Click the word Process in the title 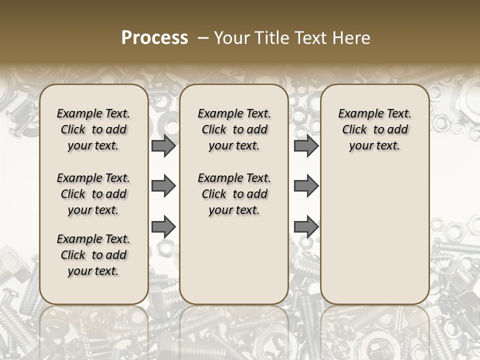point(154,38)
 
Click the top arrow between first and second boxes point(163,146)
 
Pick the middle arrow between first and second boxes point(163,186)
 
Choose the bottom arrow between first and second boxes point(163,227)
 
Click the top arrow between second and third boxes point(306,146)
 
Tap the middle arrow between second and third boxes point(306,186)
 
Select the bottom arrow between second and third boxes point(306,227)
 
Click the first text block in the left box point(93,129)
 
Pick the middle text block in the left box point(93,194)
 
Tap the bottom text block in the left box point(93,255)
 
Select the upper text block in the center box point(234,129)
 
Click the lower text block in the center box point(234,194)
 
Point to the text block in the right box point(375,129)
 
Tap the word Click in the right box point(354,130)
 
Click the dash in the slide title point(203,38)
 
